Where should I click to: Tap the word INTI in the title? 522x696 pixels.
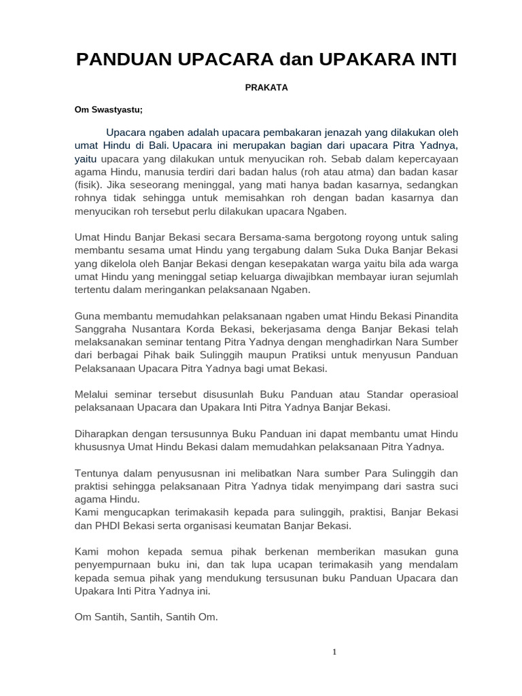432,60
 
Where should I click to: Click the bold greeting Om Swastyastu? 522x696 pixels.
109,109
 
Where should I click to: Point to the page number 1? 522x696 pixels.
334,652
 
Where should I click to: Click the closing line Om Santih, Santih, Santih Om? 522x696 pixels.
146,617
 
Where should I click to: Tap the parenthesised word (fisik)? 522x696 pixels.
86,185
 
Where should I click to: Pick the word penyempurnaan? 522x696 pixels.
111,565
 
